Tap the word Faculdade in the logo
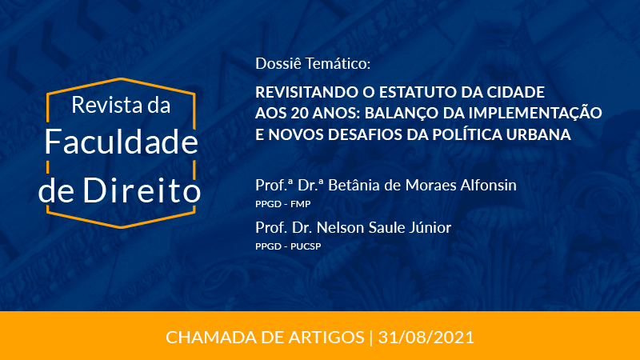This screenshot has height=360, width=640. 122,142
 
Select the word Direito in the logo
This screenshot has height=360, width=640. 142,190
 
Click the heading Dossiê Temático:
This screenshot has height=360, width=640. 313,63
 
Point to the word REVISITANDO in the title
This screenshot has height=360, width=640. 307,92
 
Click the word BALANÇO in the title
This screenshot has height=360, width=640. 402,114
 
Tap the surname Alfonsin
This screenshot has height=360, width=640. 488,186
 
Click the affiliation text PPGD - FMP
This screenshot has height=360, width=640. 283,204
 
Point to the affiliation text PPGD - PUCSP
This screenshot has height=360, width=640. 288,246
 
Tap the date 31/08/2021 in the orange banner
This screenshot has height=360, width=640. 426,338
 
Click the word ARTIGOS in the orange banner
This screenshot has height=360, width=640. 326,338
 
